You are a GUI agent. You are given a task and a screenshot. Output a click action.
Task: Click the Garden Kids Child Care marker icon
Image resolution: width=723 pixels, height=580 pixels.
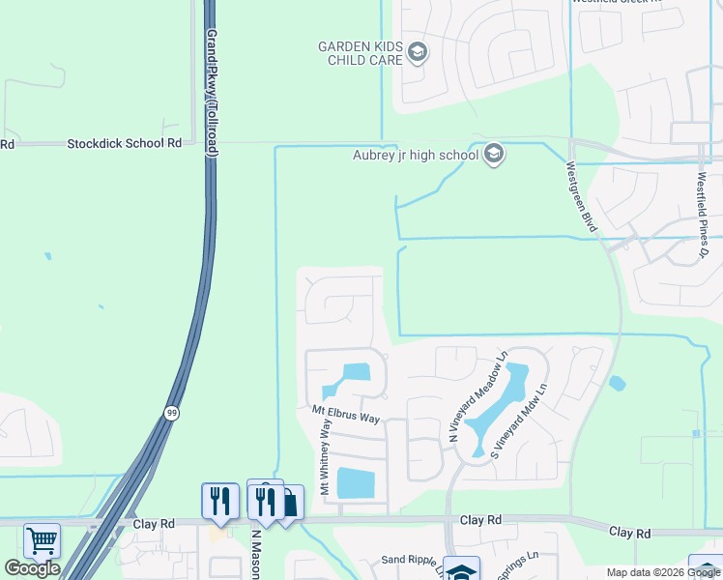[418, 52]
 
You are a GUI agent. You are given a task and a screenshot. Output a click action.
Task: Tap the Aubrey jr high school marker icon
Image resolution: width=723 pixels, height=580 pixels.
[494, 155]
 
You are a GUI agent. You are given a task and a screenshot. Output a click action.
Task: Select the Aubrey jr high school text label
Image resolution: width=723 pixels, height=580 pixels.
[416, 155]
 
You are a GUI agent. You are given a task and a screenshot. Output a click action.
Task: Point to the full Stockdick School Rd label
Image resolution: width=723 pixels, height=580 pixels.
[124, 143]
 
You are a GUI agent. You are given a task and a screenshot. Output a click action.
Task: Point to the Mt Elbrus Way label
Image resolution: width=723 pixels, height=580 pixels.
[345, 413]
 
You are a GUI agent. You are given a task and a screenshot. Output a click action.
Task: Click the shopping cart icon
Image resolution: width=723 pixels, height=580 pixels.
[42, 540]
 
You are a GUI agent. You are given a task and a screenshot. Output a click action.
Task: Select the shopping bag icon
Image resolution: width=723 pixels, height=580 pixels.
[288, 504]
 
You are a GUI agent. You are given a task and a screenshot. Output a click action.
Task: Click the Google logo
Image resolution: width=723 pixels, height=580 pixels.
[32, 568]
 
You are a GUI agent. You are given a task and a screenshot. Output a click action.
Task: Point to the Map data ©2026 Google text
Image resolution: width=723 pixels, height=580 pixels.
[663, 572]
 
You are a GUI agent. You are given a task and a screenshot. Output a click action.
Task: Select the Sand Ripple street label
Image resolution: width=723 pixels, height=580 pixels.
[405, 560]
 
